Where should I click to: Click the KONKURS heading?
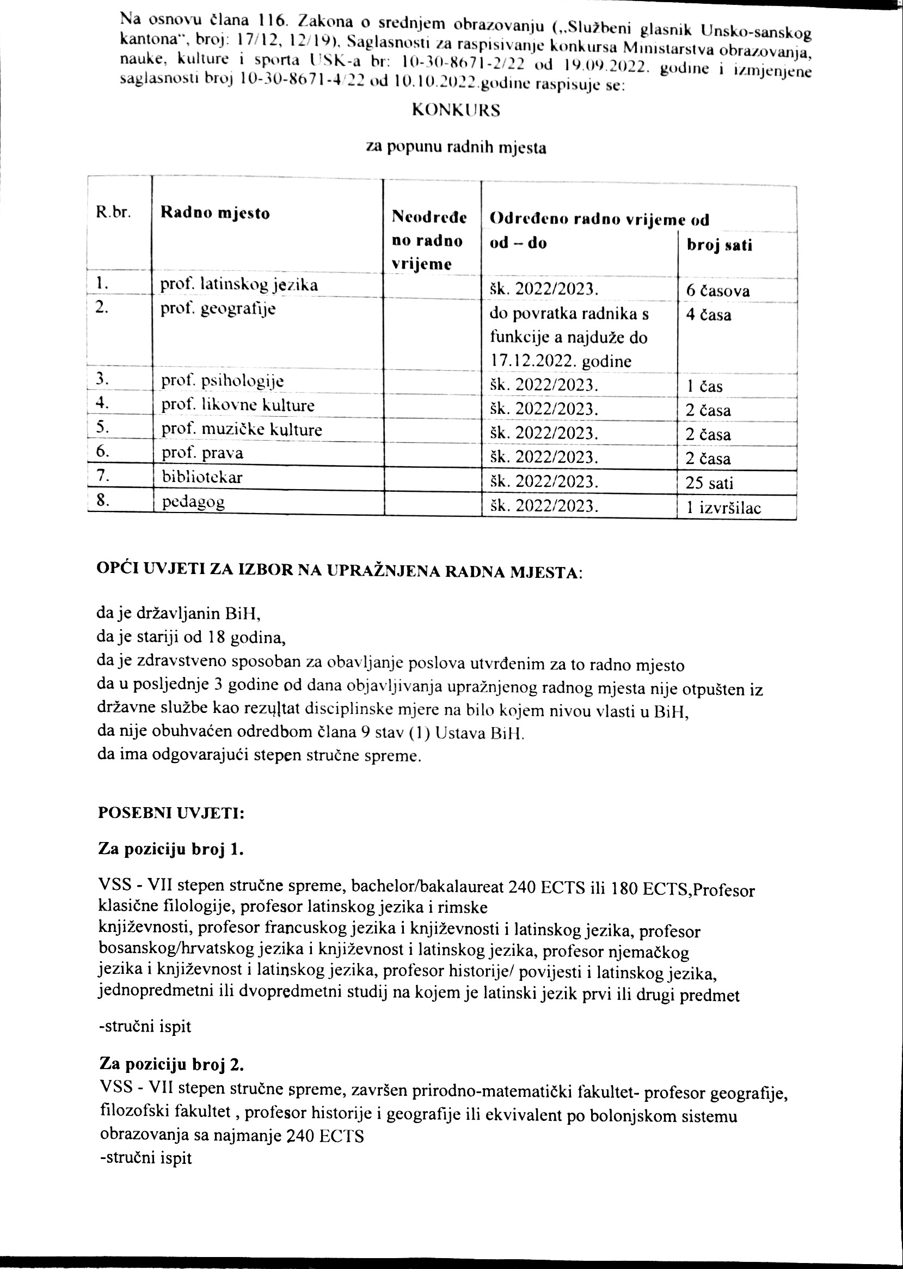(456, 111)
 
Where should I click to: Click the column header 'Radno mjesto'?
(214, 213)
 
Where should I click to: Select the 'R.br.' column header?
(113, 213)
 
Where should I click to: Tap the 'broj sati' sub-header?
(720, 245)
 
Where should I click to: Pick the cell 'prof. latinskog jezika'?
(239, 285)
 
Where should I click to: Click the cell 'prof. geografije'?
(218, 309)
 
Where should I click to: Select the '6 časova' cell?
(718, 291)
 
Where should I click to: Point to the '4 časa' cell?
(708, 315)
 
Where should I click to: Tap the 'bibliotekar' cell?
(202, 477)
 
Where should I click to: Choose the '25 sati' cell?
(709, 483)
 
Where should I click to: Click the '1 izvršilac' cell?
(723, 508)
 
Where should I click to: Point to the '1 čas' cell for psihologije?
(704, 387)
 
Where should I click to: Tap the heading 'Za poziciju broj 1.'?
(171, 850)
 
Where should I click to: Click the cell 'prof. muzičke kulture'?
(241, 430)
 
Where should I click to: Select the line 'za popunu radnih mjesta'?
(456, 148)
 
